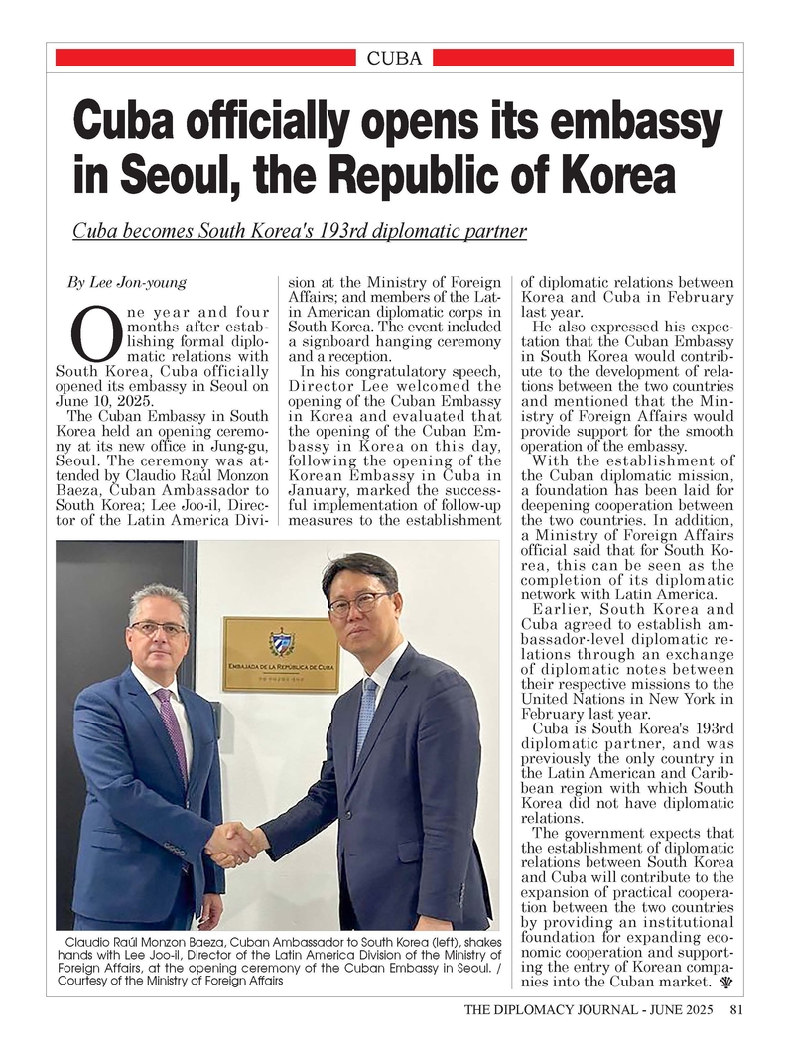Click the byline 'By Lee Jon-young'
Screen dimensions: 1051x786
(126, 283)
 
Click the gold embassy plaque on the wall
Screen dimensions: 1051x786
(280, 654)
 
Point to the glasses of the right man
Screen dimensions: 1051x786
(358, 603)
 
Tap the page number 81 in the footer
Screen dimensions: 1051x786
(736, 1011)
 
